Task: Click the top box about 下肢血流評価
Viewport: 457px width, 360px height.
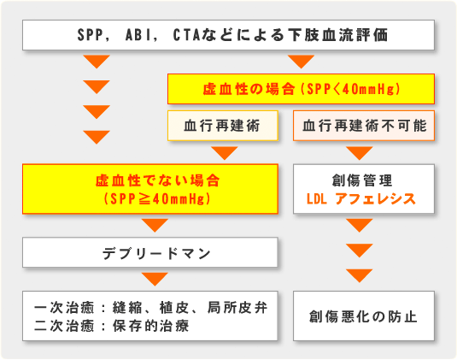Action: (228, 35)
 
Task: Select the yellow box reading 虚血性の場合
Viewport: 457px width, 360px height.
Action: (301, 89)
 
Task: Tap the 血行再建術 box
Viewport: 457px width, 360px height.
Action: (223, 126)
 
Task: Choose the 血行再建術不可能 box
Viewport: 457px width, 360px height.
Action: (364, 126)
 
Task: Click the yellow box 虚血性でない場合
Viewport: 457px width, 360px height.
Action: (150, 189)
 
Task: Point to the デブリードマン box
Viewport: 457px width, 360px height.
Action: (150, 252)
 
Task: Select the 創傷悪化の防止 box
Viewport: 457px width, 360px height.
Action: (364, 316)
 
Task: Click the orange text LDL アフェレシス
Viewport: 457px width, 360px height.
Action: (360, 199)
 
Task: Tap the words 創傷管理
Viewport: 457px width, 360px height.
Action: (362, 180)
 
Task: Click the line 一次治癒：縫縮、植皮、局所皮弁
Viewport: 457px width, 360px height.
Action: (150, 308)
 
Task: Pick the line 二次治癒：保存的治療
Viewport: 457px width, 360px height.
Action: (112, 326)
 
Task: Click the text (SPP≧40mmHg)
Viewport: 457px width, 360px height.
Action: (157, 199)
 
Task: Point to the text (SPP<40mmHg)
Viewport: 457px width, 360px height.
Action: (350, 89)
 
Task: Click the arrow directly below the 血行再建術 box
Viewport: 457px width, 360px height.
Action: (225, 153)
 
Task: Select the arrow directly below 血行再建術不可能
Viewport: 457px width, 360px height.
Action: (360, 153)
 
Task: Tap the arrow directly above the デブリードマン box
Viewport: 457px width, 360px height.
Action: (155, 225)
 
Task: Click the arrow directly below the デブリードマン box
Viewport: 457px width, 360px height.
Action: (155, 279)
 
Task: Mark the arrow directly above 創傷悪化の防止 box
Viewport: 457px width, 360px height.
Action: (360, 275)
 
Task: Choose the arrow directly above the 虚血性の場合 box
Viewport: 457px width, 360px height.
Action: (301, 62)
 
